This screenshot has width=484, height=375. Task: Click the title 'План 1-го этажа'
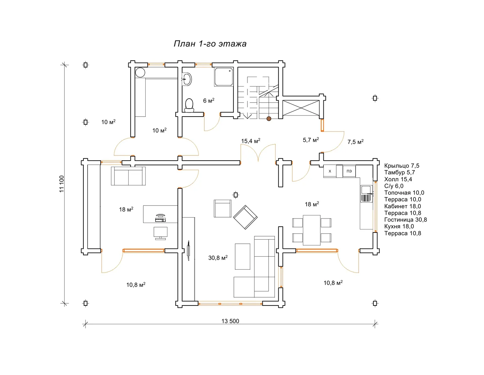[210, 44]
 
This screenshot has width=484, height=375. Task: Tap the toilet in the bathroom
[189, 105]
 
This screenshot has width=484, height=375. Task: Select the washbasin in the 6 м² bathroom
[187, 79]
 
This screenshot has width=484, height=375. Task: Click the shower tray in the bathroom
[223, 77]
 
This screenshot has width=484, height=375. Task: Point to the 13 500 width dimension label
[230, 321]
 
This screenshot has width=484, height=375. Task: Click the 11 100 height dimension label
[62, 184]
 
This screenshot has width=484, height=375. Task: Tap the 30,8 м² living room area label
[218, 258]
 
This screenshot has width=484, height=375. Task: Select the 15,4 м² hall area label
[251, 141]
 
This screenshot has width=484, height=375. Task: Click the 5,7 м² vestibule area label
[311, 140]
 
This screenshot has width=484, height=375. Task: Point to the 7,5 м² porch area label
[355, 142]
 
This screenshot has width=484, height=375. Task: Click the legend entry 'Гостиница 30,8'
[405, 220]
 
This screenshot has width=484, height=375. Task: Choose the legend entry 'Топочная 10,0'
[404, 193]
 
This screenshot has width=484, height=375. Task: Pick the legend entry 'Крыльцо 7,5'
[402, 166]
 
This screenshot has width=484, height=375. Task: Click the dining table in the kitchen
[311, 230]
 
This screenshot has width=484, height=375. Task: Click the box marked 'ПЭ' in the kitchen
[349, 171]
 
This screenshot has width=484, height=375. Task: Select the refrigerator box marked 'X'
[330, 171]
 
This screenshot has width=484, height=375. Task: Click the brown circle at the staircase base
[269, 119]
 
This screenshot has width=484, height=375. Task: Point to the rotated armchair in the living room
[245, 217]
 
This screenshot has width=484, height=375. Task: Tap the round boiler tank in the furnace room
[140, 73]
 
